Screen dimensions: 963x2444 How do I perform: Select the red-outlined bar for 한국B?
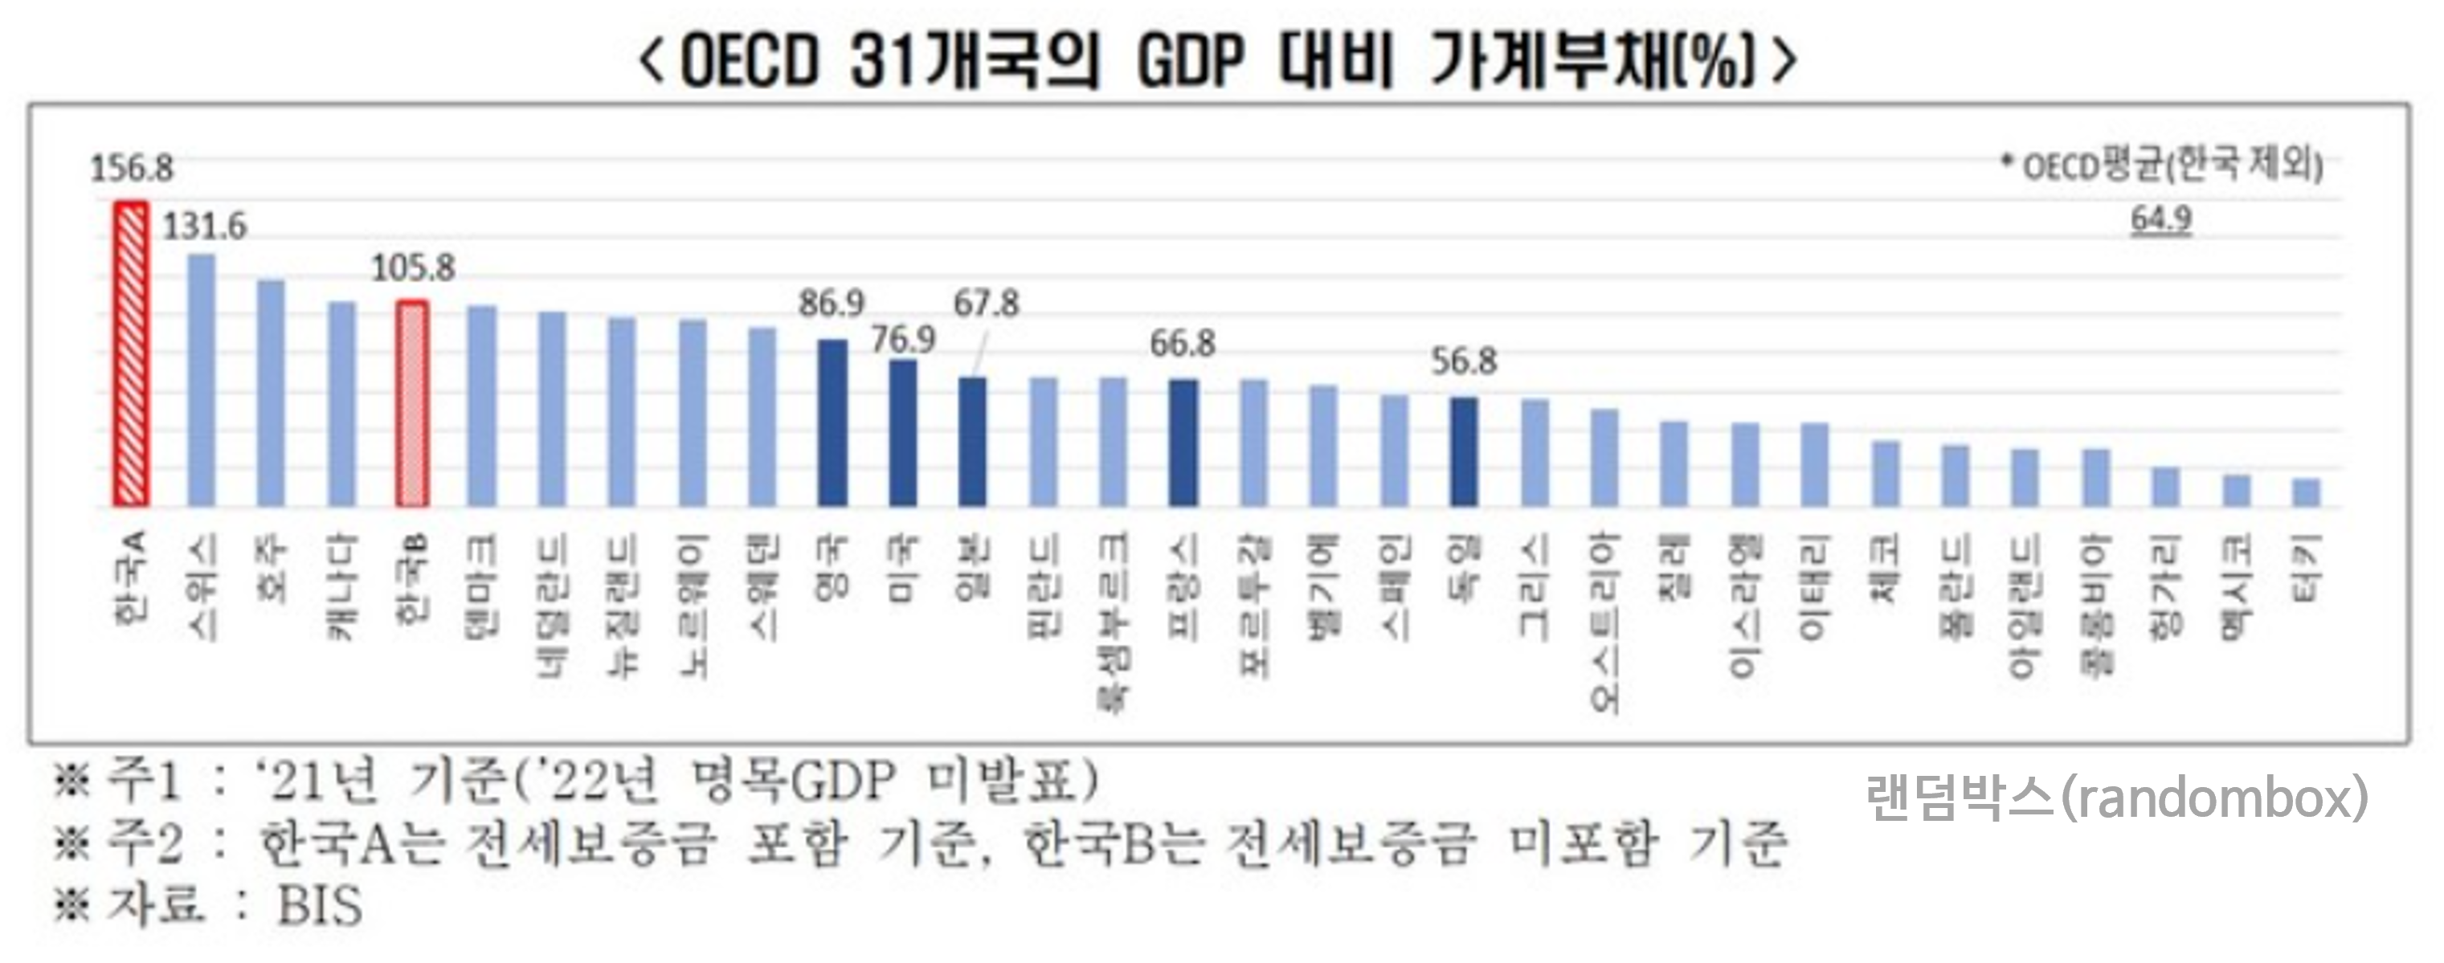(x=412, y=404)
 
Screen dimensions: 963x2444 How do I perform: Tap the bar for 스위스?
(x=201, y=380)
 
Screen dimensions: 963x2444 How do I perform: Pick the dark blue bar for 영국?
(x=832, y=423)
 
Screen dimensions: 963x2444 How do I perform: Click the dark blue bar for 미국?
(x=902, y=433)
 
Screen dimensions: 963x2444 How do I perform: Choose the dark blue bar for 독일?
(x=1464, y=451)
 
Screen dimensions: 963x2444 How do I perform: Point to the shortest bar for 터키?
(x=2307, y=492)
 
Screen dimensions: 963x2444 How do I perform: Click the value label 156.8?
(x=132, y=169)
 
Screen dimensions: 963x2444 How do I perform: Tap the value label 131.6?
(x=204, y=226)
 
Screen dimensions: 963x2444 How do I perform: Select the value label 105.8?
(x=413, y=268)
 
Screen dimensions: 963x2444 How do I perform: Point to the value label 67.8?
(x=986, y=304)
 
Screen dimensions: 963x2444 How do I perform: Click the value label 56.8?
(x=1464, y=361)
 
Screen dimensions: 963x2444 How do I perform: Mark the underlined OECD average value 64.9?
(x=2161, y=219)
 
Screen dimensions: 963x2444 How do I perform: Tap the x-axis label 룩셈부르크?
(x=1113, y=621)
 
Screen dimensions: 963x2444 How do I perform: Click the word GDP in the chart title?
(x=1190, y=62)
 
